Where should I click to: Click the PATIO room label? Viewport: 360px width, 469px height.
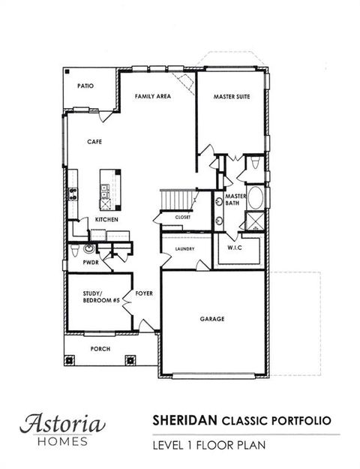tap(85, 86)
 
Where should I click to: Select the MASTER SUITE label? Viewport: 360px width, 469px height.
tap(231, 98)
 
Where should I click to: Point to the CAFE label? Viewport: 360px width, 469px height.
tap(94, 141)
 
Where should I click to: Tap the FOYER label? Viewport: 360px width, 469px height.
tap(144, 293)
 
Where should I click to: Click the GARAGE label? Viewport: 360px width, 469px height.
tap(212, 318)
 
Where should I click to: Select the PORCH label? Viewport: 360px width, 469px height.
tap(101, 348)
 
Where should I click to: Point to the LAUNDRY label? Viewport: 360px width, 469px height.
tap(184, 249)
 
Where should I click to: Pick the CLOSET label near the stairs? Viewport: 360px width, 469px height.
tap(183, 217)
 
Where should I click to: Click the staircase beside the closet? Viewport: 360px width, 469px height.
tap(177, 200)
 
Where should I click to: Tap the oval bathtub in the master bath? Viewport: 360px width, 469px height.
tap(254, 200)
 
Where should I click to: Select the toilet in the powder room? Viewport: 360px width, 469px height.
tap(89, 248)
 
